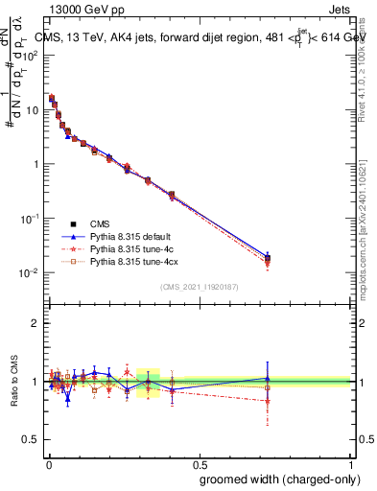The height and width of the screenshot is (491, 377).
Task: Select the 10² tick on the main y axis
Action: point(30,55)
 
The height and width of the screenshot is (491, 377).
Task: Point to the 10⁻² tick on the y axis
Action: point(30,273)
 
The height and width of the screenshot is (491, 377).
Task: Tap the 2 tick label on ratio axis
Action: point(35,323)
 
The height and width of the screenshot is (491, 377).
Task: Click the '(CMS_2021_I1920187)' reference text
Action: point(199,287)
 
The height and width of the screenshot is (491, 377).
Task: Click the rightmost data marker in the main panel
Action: point(268,258)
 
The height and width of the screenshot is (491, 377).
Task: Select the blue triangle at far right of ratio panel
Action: point(268,378)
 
